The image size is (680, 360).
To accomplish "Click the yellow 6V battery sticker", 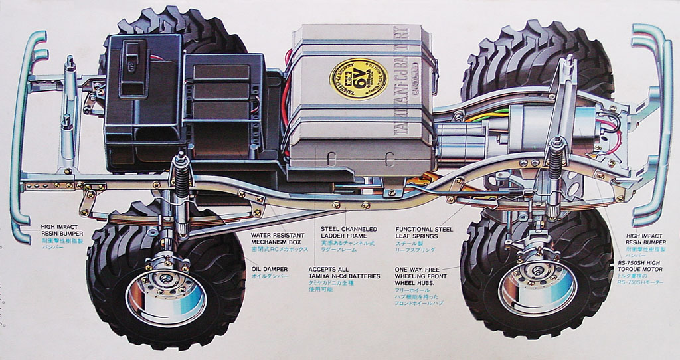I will [359, 79].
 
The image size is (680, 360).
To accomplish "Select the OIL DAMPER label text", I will [269, 272].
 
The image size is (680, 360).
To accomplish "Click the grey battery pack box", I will [359, 100].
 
